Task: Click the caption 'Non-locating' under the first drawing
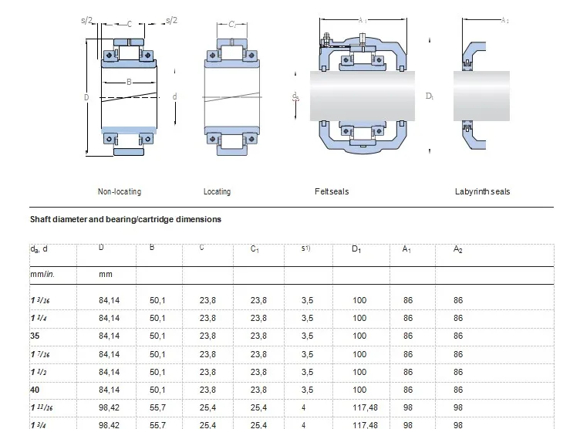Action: (x=119, y=191)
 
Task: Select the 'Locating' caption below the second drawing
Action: (x=217, y=191)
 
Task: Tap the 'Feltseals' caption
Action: (x=332, y=191)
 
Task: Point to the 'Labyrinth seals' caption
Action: (x=482, y=191)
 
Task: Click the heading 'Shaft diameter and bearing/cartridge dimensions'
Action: (x=125, y=219)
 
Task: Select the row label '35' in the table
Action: (x=35, y=336)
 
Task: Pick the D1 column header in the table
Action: (x=356, y=248)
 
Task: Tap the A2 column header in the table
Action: (x=459, y=248)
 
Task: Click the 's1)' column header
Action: (x=306, y=248)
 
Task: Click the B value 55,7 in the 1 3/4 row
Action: (x=158, y=424)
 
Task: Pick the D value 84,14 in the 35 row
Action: (x=109, y=336)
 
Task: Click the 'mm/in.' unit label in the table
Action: (x=42, y=274)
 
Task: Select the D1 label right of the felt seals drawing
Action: (x=430, y=96)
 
